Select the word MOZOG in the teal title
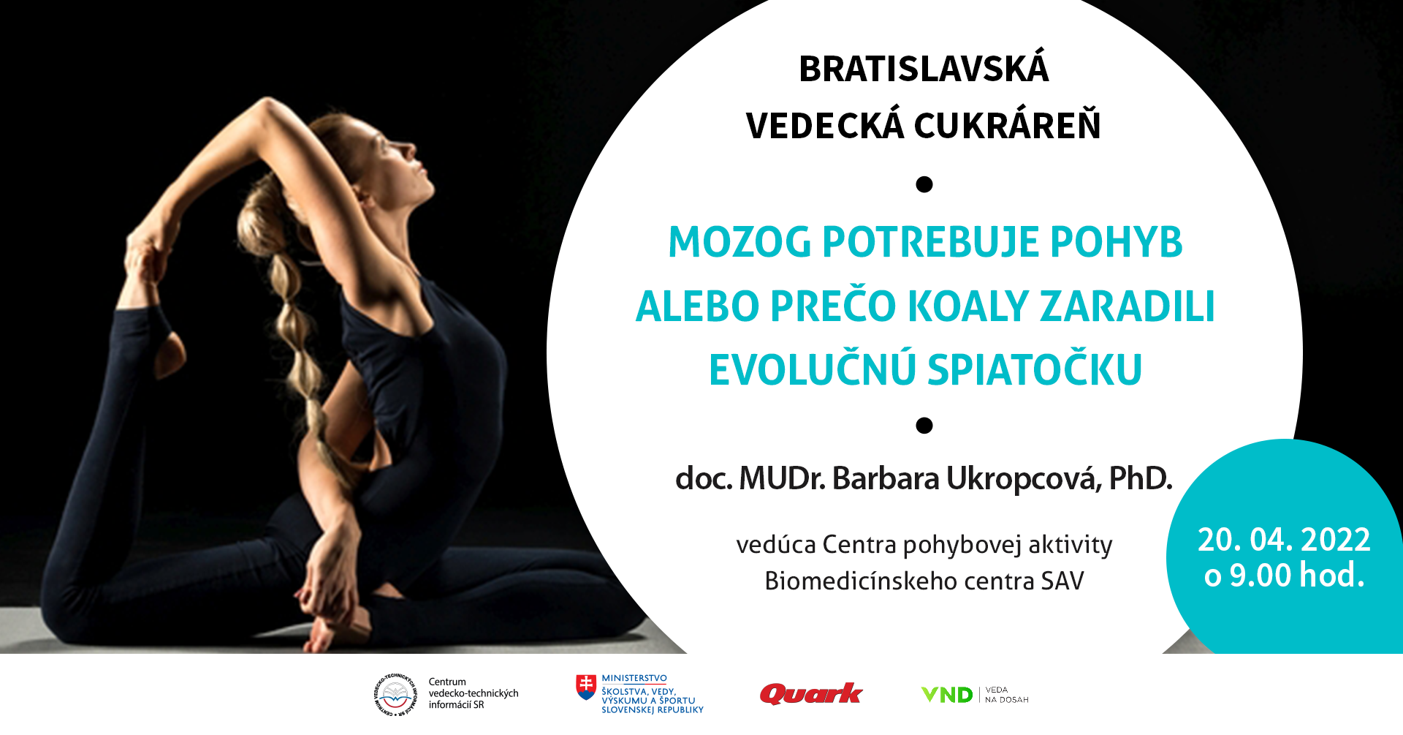(x=739, y=242)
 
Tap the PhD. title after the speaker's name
(x=1140, y=478)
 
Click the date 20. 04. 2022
(x=1284, y=540)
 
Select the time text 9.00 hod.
(x=1297, y=575)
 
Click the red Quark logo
(x=811, y=693)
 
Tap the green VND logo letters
(x=947, y=695)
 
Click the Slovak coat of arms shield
(x=586, y=687)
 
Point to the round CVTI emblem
(x=395, y=695)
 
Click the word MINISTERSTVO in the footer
(x=634, y=679)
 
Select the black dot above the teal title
(x=924, y=184)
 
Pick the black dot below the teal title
(x=924, y=425)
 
